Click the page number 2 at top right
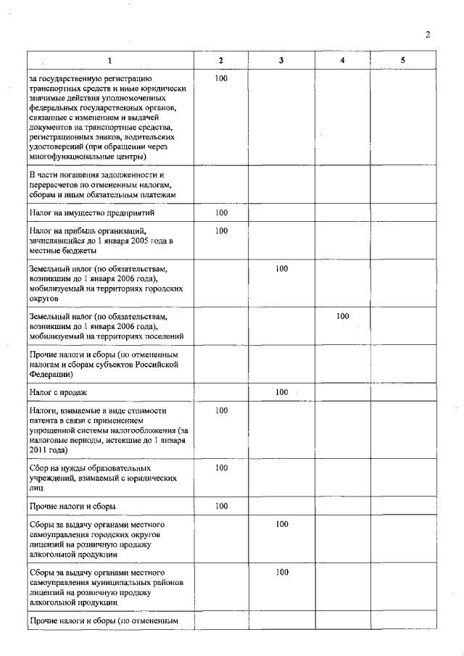[x=428, y=34]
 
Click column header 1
[x=110, y=60]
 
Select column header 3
[x=281, y=60]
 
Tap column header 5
[x=402, y=60]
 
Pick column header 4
[x=342, y=60]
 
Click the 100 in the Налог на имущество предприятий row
[x=222, y=213]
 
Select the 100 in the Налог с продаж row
[x=282, y=392]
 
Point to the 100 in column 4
[x=342, y=316]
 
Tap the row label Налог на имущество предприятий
[x=91, y=213]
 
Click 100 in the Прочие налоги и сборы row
[x=222, y=506]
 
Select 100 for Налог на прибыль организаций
[x=222, y=231]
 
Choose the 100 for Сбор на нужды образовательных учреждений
[x=222, y=468]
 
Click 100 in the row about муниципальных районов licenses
[x=282, y=572]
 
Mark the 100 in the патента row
[x=222, y=410]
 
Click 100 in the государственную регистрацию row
[x=222, y=77]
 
